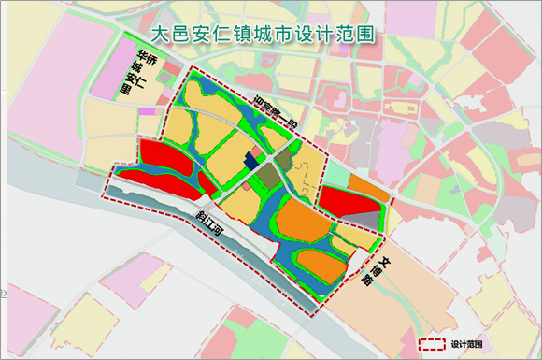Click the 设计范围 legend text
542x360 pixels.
[465, 344]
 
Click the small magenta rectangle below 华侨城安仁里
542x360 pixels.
[146, 111]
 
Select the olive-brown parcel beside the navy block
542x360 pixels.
[269, 175]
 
